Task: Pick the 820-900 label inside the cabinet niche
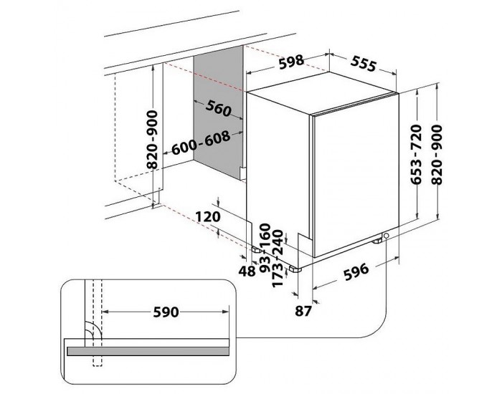pos(152,140)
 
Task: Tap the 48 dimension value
pos(247,271)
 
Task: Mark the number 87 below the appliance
pos(303,310)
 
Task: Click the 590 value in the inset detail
pos(166,313)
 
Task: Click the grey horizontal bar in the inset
pos(149,351)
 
